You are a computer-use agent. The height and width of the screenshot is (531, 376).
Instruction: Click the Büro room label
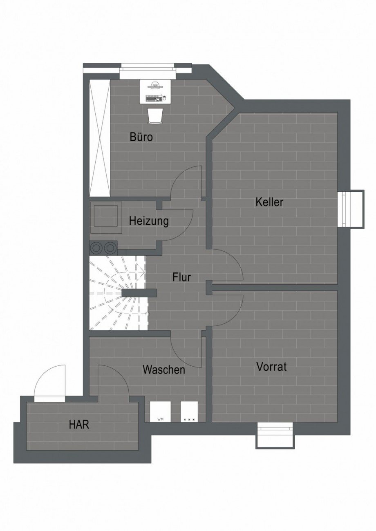click(x=141, y=137)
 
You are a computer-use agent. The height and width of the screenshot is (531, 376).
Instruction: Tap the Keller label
click(x=270, y=202)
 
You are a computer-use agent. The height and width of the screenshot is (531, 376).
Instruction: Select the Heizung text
click(x=149, y=221)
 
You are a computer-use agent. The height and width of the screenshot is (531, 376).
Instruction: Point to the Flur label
click(x=182, y=277)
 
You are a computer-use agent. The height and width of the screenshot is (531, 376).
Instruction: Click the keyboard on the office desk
click(x=154, y=97)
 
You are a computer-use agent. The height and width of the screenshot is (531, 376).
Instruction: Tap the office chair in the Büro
click(x=155, y=116)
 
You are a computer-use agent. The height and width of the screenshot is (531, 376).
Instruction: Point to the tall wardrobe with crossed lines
click(x=100, y=138)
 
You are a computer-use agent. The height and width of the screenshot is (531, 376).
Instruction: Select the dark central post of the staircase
click(x=139, y=293)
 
